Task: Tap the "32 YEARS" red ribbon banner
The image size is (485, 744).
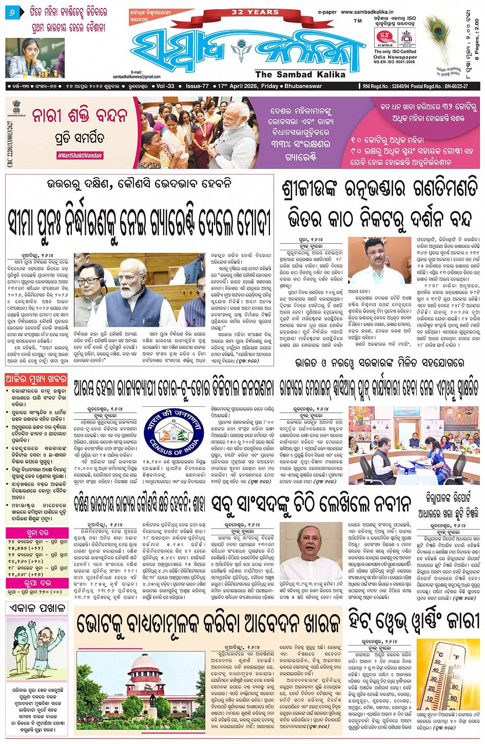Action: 255,12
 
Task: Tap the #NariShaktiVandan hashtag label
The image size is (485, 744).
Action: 80,155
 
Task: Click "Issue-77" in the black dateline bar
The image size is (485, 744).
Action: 197,86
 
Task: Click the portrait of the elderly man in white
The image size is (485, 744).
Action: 311,551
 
